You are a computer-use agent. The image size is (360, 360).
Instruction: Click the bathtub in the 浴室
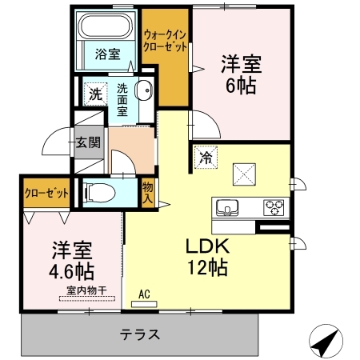[106, 26]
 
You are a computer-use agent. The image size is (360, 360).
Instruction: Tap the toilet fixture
[99, 193]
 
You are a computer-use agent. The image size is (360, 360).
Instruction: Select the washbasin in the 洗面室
[144, 90]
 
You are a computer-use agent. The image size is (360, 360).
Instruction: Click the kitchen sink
[227, 208]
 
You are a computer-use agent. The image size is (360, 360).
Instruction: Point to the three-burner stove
[274, 207]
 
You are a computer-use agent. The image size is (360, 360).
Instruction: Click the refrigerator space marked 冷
[206, 158]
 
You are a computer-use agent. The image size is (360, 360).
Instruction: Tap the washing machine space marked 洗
[95, 94]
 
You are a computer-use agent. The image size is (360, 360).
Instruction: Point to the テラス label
[140, 334]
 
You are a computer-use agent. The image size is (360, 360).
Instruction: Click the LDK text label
[207, 246]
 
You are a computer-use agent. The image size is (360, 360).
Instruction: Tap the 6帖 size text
[241, 86]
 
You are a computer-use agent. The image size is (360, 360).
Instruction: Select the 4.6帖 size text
[71, 271]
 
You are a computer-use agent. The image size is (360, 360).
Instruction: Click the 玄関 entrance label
[88, 142]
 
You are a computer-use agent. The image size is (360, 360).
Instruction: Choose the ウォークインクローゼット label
[165, 41]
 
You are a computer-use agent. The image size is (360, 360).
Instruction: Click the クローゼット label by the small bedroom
[46, 193]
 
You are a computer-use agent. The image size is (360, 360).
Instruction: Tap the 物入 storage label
[147, 193]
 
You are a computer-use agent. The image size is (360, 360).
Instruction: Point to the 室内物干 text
[87, 290]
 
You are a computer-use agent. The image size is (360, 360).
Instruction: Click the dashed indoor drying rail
[87, 298]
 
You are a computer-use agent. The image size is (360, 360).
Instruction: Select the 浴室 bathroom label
[108, 54]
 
